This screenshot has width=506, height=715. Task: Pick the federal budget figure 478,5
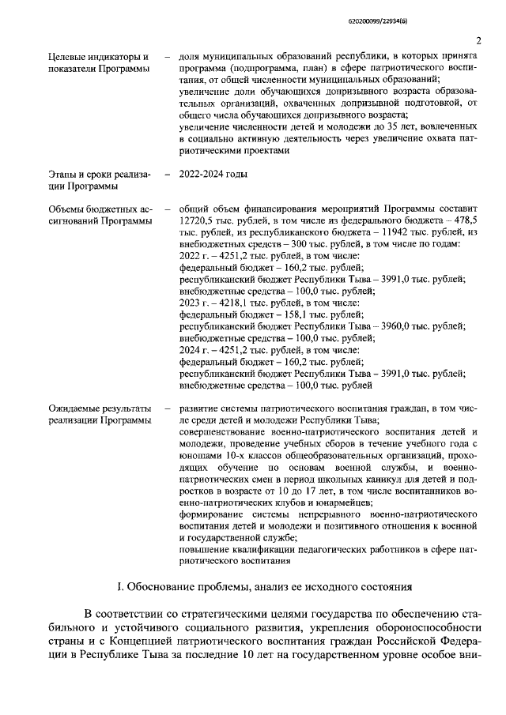pyautogui.click(x=464, y=220)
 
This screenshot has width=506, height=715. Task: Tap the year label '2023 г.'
pyautogui.click(x=193, y=303)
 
